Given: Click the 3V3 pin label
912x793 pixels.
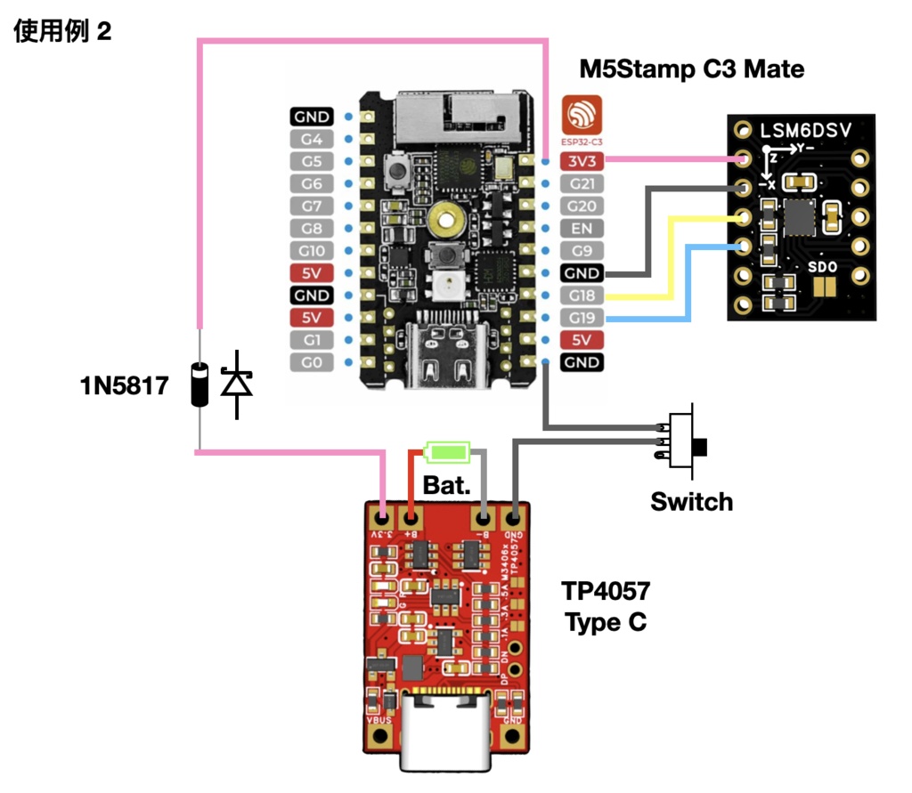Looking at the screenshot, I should point(582,161).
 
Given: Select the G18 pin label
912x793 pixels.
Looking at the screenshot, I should point(582,295).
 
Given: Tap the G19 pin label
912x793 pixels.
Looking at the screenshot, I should point(582,318).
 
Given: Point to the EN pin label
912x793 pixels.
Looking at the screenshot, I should point(582,228).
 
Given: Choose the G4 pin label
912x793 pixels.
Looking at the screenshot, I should point(311,139).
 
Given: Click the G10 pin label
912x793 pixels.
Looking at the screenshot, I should point(311,250).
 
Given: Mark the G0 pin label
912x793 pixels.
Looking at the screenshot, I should point(311,362).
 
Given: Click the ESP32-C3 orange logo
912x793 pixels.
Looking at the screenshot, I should point(582,117).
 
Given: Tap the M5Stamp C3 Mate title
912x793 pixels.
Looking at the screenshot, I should point(691,69).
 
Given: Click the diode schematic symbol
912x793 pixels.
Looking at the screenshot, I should point(237,384).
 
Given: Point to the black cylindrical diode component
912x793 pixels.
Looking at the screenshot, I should point(199,385).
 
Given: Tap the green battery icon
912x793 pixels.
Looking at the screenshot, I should point(447,452).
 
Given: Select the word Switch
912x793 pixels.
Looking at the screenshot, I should point(691,501).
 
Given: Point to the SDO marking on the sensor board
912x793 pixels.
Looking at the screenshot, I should point(821,266).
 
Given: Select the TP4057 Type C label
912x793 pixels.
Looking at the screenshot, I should point(606,605).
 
